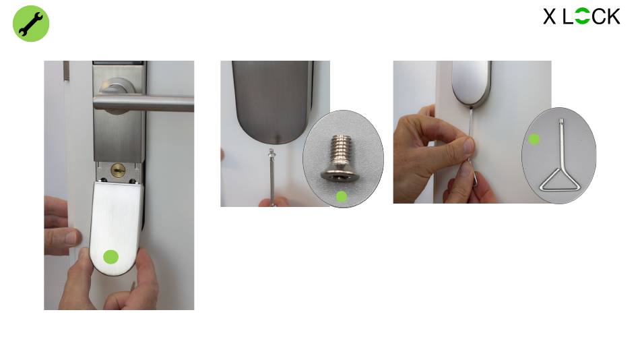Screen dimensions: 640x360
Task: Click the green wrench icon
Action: [x=31, y=24]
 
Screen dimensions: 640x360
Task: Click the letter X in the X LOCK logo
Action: [x=549, y=17]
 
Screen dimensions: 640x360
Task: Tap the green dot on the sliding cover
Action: [x=111, y=257]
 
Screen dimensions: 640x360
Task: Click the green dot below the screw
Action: [x=342, y=197]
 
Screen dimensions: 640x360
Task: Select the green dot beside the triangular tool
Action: [x=534, y=140]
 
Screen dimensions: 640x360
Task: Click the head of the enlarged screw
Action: [x=340, y=174]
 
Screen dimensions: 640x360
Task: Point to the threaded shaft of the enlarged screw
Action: [x=340, y=150]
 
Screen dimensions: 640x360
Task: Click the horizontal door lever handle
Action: [x=143, y=103]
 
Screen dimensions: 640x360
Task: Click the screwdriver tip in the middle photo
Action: [x=271, y=153]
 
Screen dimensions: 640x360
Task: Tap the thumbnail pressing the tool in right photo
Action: [x=468, y=145]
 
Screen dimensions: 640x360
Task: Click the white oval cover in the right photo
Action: [x=471, y=82]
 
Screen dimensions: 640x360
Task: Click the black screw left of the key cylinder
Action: [x=103, y=180]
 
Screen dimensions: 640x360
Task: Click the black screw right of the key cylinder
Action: [x=133, y=181]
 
